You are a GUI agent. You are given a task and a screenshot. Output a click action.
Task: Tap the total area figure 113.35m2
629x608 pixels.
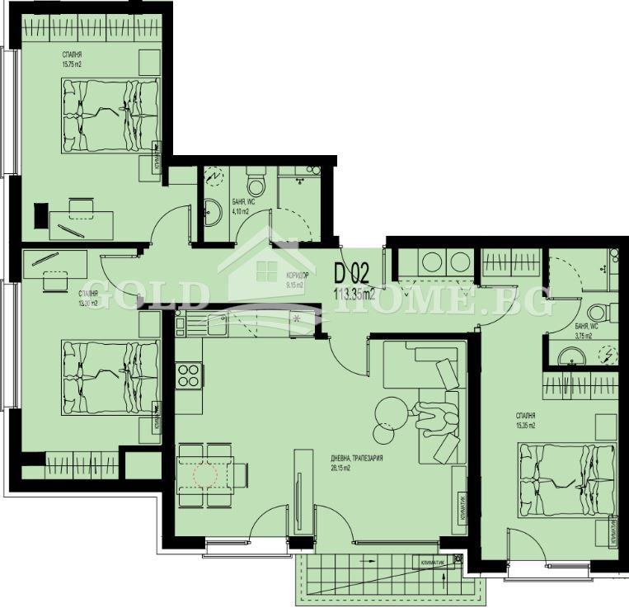tap(355, 292)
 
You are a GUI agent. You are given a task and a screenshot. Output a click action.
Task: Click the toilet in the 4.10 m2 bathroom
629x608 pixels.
tap(256, 179)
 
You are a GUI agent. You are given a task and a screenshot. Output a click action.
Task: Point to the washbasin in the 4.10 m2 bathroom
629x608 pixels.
tap(210, 214)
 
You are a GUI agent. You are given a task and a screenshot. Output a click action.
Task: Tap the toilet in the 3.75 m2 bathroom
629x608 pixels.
tap(598, 313)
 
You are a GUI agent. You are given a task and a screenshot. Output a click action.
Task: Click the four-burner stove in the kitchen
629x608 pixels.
tap(189, 375)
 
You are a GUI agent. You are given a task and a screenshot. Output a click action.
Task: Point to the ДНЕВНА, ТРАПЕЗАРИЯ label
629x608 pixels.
tap(357, 459)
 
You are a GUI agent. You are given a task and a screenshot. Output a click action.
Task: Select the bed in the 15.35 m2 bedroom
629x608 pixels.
tap(567, 478)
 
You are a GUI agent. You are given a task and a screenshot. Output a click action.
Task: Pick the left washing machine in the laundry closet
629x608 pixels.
tap(431, 262)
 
